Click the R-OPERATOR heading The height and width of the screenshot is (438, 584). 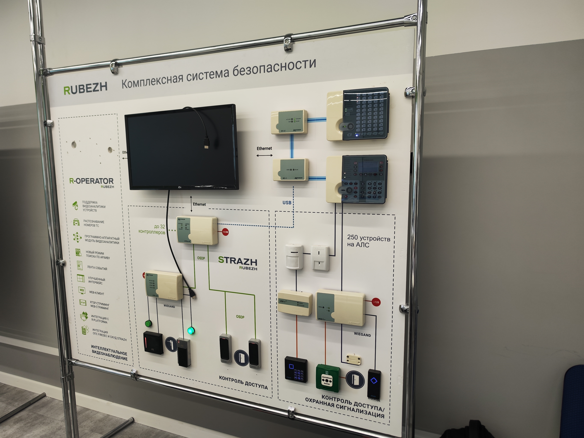click(x=91, y=181)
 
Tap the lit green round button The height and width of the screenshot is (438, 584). click(x=191, y=330)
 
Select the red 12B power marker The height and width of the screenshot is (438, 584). click(x=376, y=302)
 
